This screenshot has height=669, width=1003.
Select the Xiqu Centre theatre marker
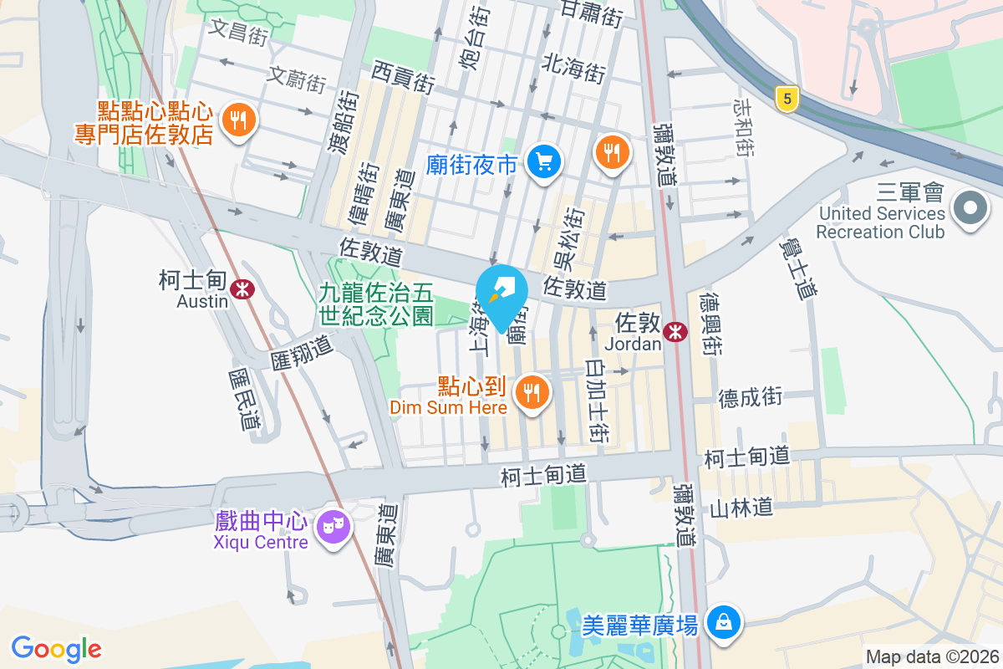click(x=333, y=527)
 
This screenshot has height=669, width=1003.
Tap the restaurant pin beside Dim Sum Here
click(x=531, y=391)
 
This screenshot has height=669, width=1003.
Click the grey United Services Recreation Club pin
click(x=970, y=206)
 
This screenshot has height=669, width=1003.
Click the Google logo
click(x=56, y=648)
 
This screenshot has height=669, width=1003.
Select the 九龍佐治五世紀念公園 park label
click(x=376, y=304)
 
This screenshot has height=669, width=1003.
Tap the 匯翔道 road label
click(x=302, y=351)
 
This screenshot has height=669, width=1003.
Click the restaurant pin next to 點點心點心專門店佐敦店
click(x=239, y=120)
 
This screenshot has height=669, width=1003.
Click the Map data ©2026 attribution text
click(x=931, y=657)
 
